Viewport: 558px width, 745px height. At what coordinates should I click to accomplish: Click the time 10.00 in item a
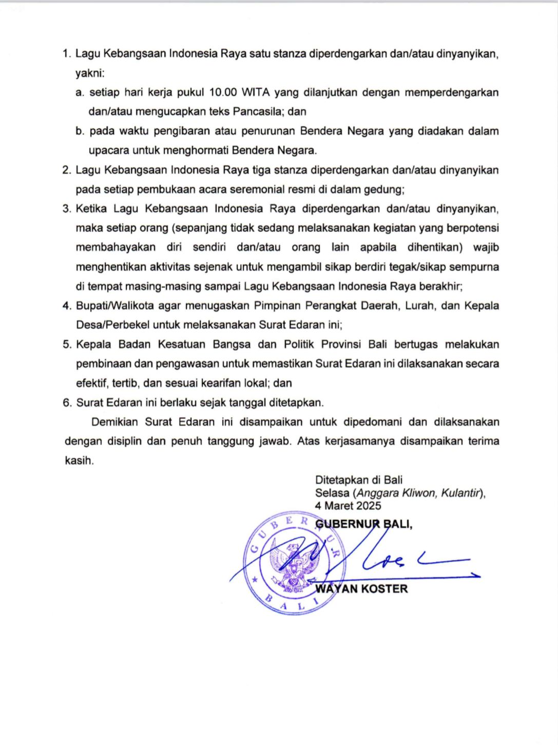223,92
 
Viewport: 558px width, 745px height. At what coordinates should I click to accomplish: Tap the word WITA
255,92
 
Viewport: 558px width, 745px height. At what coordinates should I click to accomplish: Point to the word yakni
89,73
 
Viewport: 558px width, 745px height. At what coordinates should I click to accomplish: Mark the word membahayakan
116,247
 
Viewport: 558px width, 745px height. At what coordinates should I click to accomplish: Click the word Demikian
114,422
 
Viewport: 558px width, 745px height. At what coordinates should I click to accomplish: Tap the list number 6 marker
67,403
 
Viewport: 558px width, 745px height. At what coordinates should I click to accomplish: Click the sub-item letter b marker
80,131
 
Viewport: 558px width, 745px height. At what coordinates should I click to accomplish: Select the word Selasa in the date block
332,493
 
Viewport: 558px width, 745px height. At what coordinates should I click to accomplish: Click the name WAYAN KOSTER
361,588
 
